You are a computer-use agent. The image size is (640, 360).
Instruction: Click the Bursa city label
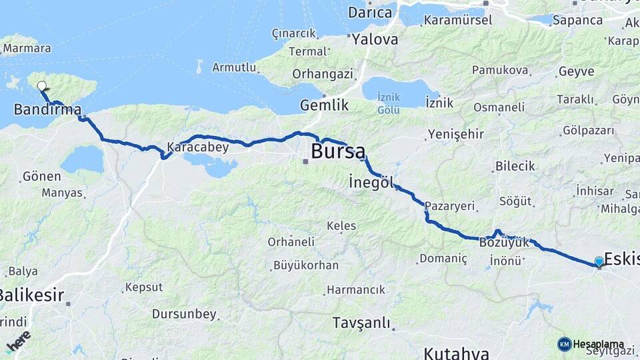[338, 151]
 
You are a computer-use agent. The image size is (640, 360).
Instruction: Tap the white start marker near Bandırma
[42, 86]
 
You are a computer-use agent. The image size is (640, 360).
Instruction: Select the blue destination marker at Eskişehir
[599, 262]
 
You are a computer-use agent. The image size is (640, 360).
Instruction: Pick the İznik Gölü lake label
[389, 103]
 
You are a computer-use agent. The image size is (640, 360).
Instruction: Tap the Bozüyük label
[504, 243]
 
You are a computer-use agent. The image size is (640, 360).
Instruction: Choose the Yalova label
[375, 39]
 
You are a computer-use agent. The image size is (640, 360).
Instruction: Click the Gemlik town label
[325, 105]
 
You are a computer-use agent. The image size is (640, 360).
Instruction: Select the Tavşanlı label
[361, 323]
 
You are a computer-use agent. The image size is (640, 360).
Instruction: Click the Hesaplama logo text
[598, 345]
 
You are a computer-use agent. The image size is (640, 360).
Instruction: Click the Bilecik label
[515, 166]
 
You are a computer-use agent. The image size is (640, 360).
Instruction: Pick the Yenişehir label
[455, 134]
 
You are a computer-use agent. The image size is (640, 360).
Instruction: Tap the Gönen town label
[41, 177]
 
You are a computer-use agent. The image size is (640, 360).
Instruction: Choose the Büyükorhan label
[306, 265]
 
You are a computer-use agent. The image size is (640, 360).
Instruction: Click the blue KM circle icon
[564, 344]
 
